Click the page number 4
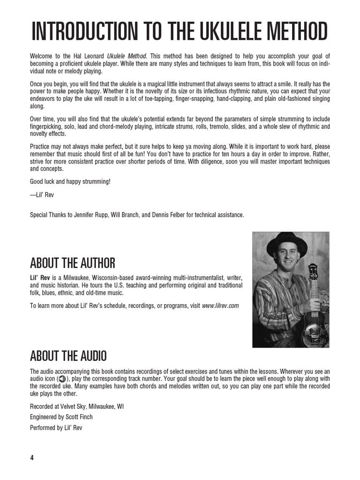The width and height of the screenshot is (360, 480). coord(32,457)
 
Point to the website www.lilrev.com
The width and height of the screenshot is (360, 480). coord(220,306)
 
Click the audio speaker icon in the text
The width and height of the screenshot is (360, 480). coord(63,379)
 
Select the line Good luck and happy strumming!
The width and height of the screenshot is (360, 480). coord(70,181)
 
